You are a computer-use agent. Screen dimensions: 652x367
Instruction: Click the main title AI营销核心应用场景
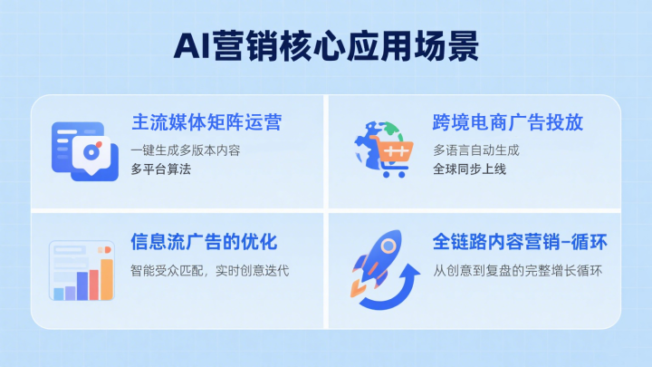click(x=326, y=46)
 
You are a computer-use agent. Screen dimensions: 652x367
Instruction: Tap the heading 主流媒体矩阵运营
click(x=206, y=122)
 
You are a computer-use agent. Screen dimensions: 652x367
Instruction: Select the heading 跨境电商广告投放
click(x=508, y=122)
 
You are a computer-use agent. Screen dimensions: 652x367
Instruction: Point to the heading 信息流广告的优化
click(x=204, y=242)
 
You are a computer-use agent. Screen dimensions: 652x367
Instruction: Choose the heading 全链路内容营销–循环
click(x=520, y=242)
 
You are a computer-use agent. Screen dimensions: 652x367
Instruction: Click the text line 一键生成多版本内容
click(x=186, y=150)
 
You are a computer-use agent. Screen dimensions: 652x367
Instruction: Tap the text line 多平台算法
click(x=161, y=169)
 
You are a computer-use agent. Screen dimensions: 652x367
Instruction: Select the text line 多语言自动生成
click(x=476, y=150)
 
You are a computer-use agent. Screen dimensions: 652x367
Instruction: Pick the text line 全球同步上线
click(x=469, y=169)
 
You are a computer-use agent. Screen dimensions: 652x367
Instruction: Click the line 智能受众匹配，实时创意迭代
click(x=209, y=271)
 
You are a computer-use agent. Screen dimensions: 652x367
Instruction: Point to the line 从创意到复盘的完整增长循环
click(x=517, y=271)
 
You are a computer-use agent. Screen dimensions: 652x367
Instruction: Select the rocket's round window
click(x=388, y=246)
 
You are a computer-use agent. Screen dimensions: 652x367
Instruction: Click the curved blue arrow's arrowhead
click(x=412, y=274)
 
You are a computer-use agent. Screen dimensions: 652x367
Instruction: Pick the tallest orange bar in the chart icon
click(x=107, y=279)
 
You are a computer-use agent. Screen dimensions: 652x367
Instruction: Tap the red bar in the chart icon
click(x=94, y=285)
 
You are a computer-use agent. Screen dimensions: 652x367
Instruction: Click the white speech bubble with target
click(x=91, y=155)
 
